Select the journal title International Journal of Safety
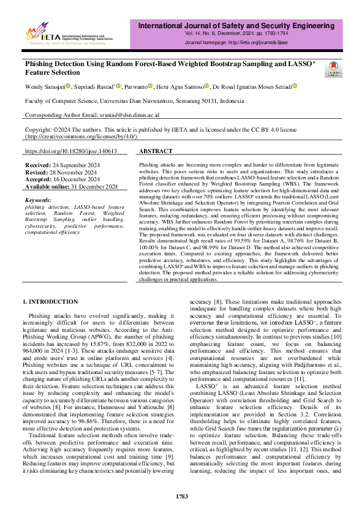[x=243, y=26]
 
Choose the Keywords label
[x=38, y=200]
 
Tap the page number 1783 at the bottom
[x=182, y=496]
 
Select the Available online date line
[x=71, y=186]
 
